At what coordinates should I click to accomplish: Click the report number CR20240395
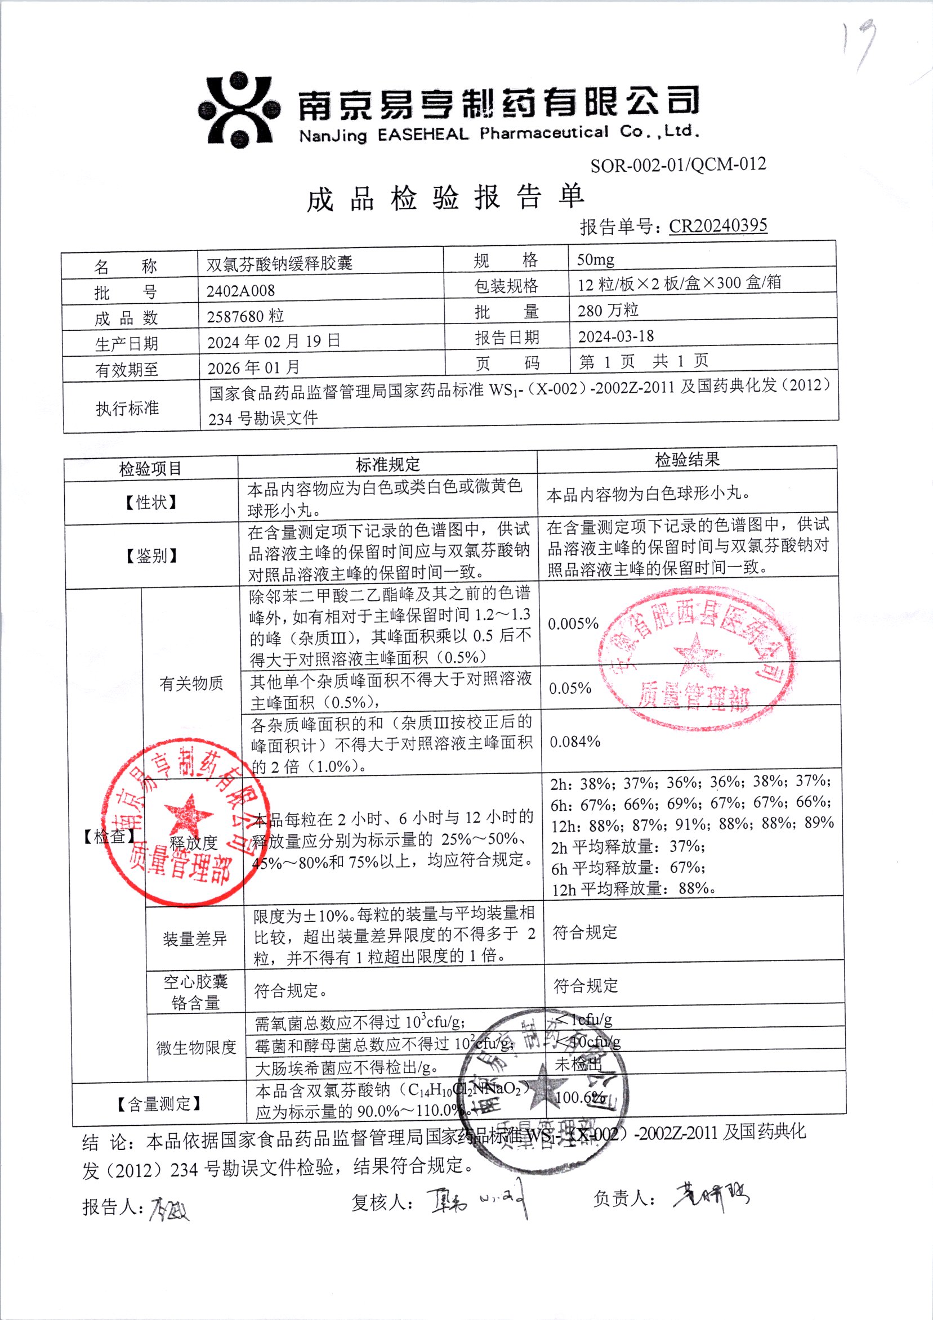[717, 225]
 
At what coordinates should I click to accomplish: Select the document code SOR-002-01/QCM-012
[677, 165]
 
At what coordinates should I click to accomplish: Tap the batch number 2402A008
[240, 291]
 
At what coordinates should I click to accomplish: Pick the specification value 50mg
[595, 260]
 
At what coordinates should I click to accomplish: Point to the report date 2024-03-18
[615, 336]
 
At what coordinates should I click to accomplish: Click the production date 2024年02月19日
[273, 342]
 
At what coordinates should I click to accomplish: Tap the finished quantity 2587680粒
[245, 316]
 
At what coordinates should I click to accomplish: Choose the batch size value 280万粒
[608, 311]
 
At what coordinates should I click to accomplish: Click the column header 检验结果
[687, 459]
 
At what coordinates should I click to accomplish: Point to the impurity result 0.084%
[575, 742]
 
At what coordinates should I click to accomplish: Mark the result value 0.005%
[573, 624]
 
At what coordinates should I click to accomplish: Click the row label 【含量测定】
[159, 1103]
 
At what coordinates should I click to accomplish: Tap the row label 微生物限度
[196, 1048]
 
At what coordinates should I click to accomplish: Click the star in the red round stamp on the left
[188, 814]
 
